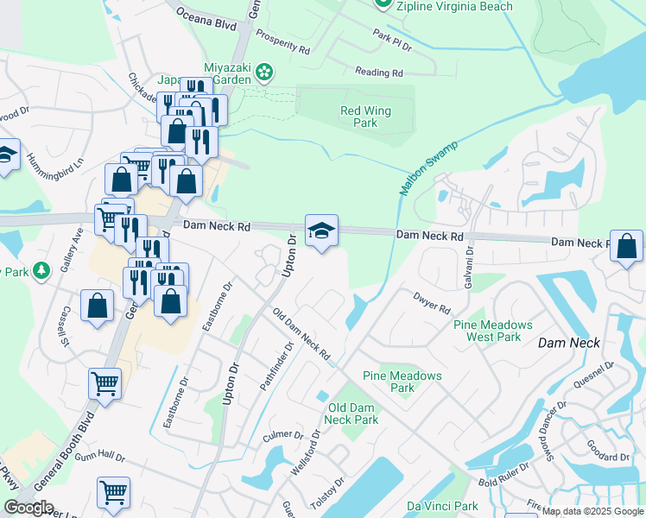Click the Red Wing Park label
(359, 117)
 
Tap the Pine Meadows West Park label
(493, 331)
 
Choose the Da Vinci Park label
(443, 506)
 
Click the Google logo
(28, 508)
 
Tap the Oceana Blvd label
(206, 19)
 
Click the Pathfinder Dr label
(279, 365)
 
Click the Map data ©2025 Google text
(592, 511)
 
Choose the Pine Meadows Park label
(402, 382)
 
